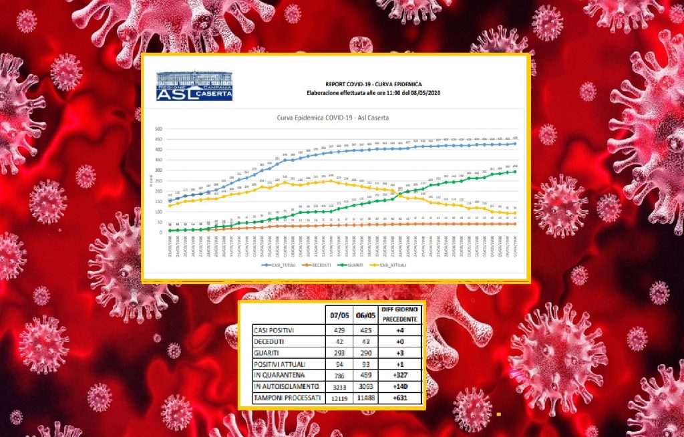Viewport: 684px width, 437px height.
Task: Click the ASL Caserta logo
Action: [194, 86]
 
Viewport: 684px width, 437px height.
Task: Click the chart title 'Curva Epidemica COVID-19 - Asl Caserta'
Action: [333, 118]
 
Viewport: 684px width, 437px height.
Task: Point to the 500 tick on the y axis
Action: [159, 129]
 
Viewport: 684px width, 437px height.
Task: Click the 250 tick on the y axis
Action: [159, 181]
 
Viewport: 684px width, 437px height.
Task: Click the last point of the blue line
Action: [514, 144]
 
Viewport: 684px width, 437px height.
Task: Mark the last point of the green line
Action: [514, 172]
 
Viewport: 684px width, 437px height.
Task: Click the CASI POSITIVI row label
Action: [273, 330]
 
